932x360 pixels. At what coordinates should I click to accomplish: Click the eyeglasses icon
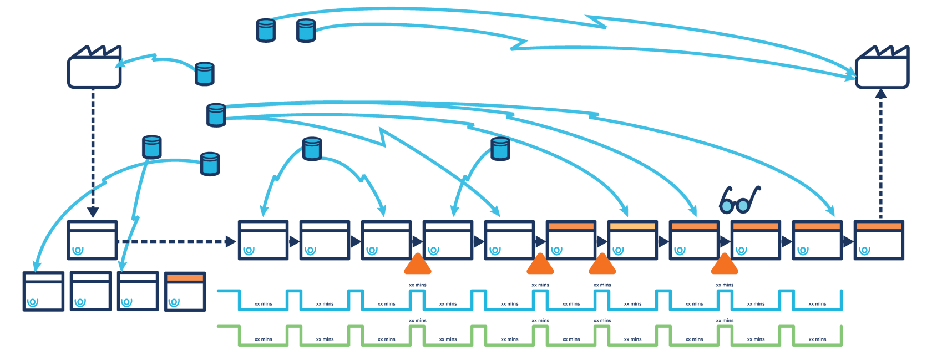(x=739, y=201)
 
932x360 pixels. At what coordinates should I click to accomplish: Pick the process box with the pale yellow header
(x=632, y=240)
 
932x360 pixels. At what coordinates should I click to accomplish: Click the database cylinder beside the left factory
(x=205, y=74)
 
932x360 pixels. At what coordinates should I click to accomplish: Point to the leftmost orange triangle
(x=418, y=265)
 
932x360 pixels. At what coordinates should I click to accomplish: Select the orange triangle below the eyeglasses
(x=725, y=265)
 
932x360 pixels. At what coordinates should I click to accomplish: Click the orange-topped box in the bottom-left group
(x=185, y=291)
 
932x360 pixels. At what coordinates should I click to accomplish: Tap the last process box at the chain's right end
(x=879, y=240)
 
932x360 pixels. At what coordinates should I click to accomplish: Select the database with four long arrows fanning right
(x=216, y=115)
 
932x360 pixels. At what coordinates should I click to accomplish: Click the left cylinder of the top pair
(x=266, y=31)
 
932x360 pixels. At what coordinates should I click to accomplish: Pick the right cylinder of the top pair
(x=306, y=31)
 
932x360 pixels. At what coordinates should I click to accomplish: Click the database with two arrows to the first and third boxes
(x=312, y=149)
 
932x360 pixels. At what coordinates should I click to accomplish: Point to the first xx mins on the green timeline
(x=264, y=339)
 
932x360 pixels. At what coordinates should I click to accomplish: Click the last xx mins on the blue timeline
(x=817, y=304)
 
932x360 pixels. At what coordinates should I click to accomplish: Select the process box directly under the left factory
(x=92, y=240)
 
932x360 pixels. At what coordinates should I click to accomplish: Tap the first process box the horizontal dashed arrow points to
(x=263, y=240)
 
